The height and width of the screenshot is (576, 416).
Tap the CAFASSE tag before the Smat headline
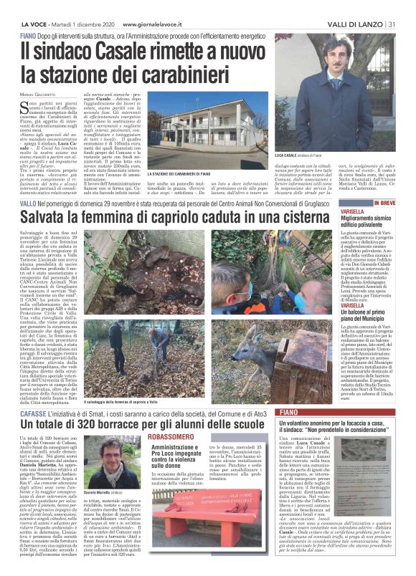(36, 393)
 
